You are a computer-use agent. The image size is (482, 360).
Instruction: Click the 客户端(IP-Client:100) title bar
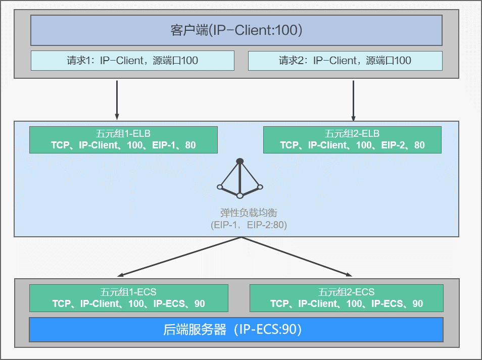click(236, 30)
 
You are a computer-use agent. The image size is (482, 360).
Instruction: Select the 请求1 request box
click(132, 61)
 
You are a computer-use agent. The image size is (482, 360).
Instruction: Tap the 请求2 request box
click(345, 61)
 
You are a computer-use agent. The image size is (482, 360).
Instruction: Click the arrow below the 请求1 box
click(117, 98)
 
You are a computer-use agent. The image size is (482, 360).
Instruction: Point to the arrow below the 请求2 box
click(353, 98)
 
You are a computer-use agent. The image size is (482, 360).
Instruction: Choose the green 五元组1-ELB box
click(123, 140)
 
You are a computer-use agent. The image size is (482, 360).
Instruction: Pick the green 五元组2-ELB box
click(352, 140)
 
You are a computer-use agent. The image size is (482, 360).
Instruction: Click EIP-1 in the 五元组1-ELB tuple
click(164, 145)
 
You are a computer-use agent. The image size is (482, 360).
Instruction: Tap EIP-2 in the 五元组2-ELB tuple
click(393, 145)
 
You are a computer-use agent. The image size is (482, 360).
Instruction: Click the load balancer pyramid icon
click(240, 179)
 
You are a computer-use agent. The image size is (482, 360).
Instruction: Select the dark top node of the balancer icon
click(240, 161)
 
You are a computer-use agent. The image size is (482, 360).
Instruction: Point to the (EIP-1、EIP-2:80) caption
click(249, 225)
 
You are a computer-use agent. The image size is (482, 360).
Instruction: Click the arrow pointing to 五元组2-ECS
click(298, 257)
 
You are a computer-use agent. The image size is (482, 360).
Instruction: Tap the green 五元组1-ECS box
click(128, 298)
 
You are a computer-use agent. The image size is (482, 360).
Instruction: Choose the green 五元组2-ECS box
click(346, 298)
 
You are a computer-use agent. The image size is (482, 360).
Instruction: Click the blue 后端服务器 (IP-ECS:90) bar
click(236, 330)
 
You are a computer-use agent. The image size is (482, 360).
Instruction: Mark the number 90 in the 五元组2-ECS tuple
click(417, 304)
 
